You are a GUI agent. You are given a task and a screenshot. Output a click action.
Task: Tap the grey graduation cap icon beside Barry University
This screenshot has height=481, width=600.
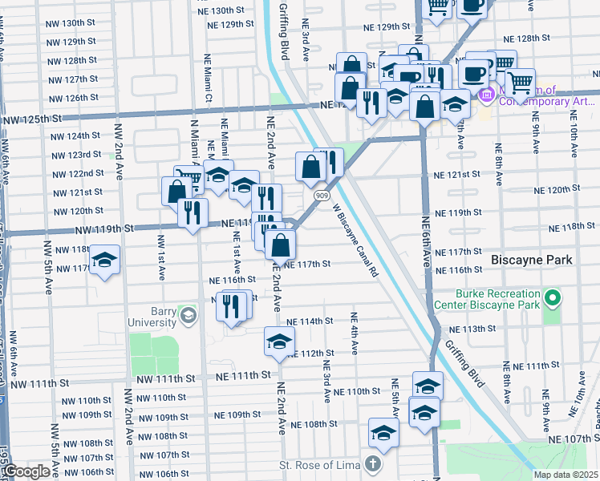click(x=188, y=315)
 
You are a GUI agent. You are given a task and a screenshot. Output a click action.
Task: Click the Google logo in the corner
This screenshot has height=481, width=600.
click(x=26, y=471)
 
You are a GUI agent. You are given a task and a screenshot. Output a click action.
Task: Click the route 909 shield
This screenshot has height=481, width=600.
click(x=319, y=195)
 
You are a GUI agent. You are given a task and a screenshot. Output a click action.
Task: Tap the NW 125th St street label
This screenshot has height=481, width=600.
click(x=32, y=119)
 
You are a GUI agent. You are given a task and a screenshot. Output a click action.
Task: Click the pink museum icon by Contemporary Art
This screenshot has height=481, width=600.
click(x=485, y=97)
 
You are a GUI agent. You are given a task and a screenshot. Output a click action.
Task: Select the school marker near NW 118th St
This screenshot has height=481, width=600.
click(x=104, y=260)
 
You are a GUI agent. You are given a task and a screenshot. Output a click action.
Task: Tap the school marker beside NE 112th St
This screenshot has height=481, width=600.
click(x=279, y=340)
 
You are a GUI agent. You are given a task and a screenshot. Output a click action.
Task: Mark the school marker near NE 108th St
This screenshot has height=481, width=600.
click(x=384, y=432)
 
